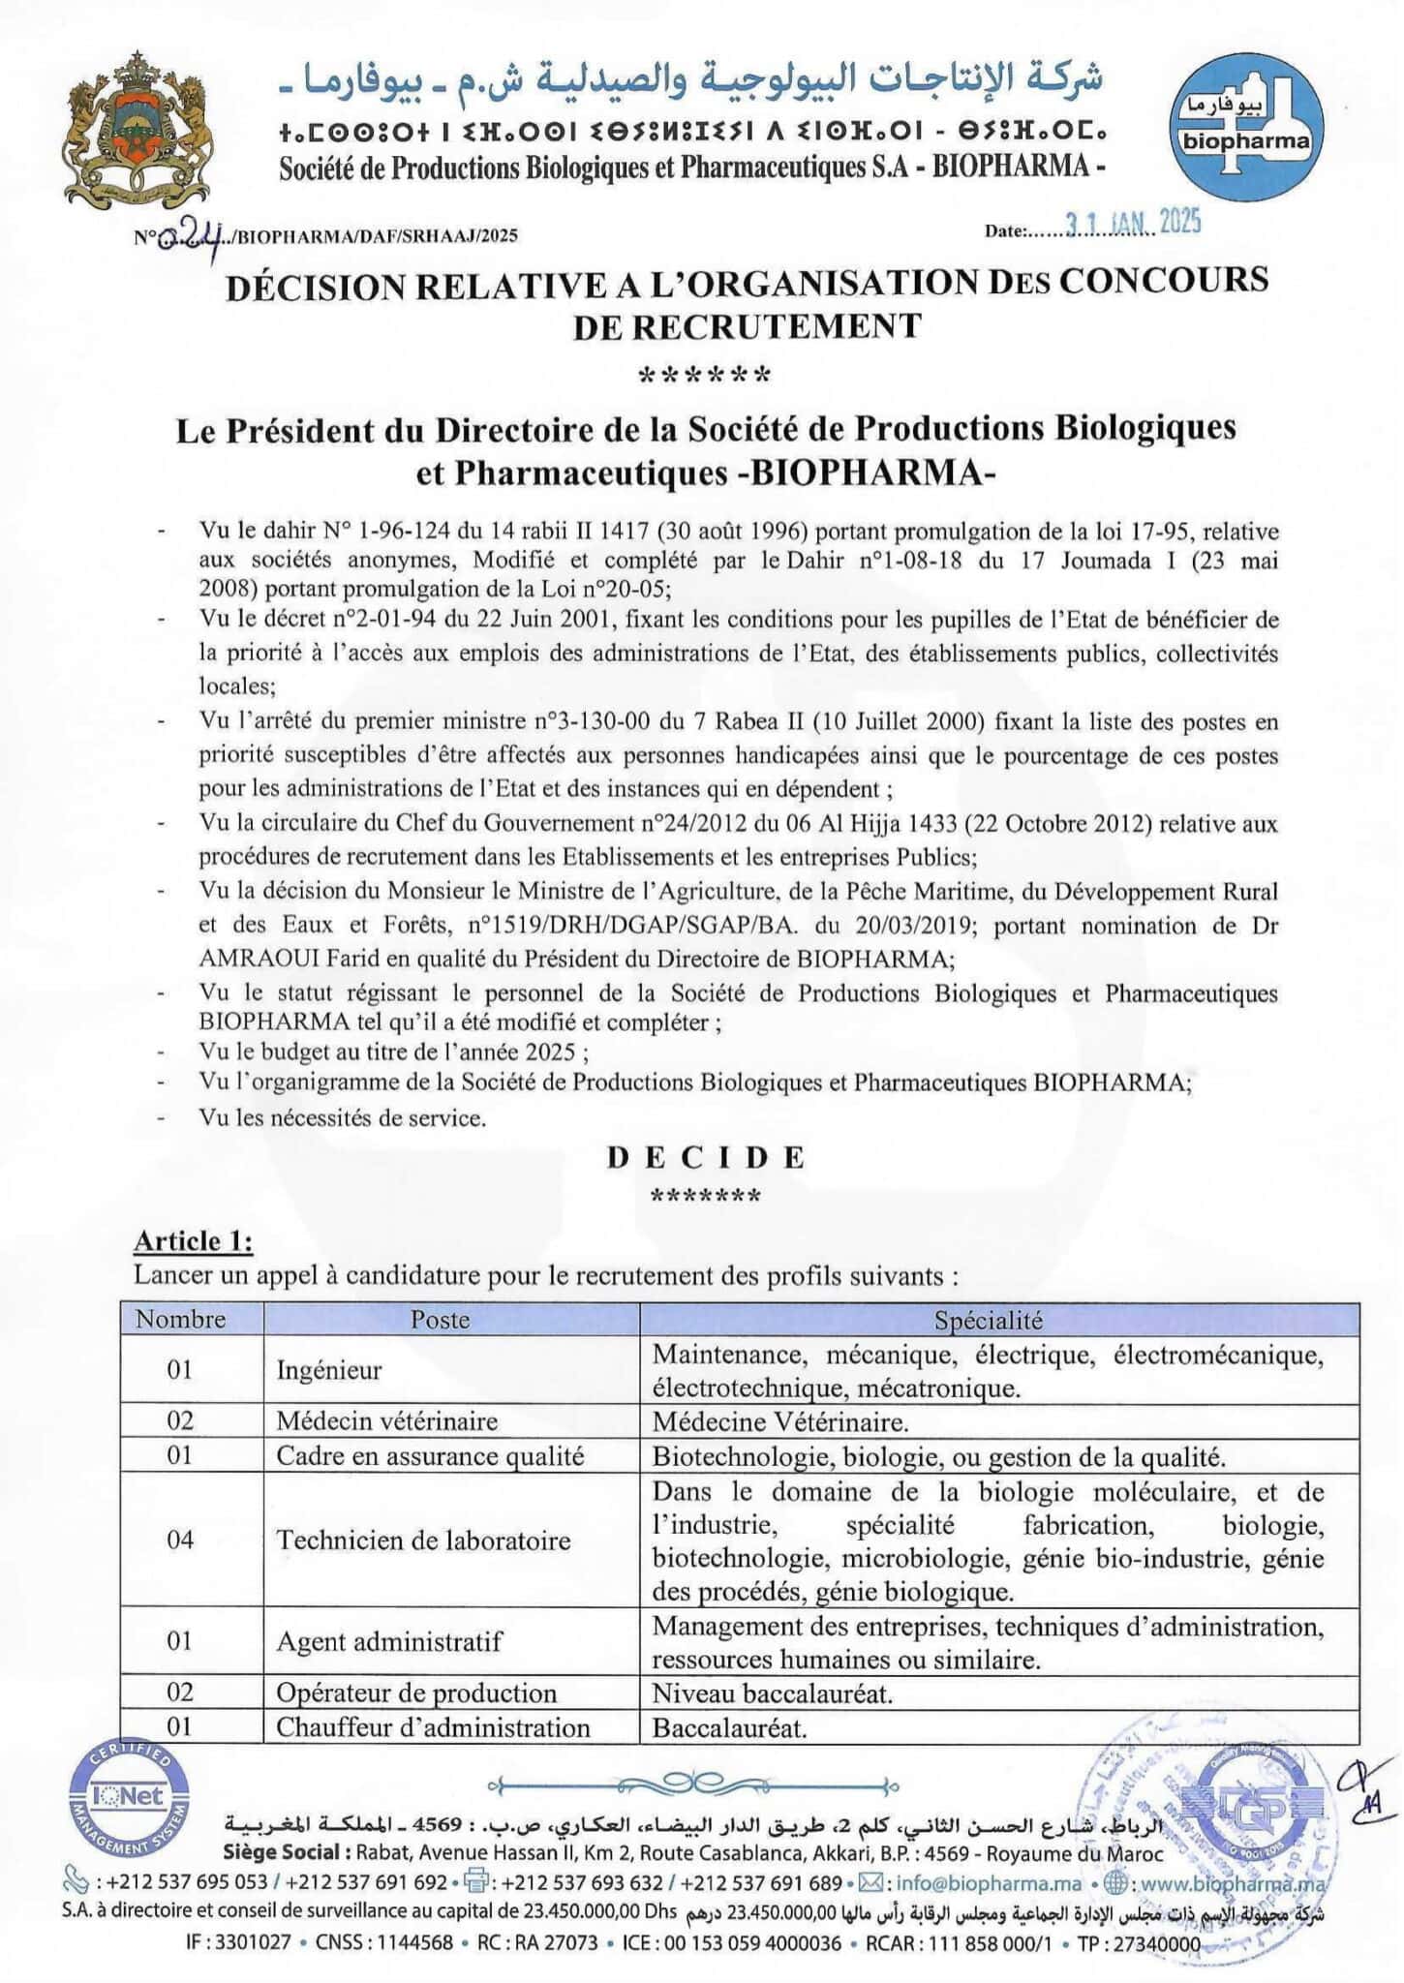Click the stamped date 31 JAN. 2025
pyautogui.click(x=1133, y=224)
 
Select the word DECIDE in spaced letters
pyautogui.click(x=706, y=1157)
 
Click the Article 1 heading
pyautogui.click(x=193, y=1241)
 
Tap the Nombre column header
pyautogui.click(x=180, y=1319)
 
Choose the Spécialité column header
pyautogui.click(x=988, y=1320)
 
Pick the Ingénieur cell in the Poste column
pyautogui.click(x=329, y=1370)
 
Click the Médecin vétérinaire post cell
pyautogui.click(x=387, y=1421)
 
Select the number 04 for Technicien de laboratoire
pyautogui.click(x=180, y=1540)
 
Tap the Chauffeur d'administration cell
pyautogui.click(x=433, y=1727)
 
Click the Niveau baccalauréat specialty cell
pyautogui.click(x=773, y=1693)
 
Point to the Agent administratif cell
pyautogui.click(x=389, y=1641)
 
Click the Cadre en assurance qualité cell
pyautogui.click(x=430, y=1456)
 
